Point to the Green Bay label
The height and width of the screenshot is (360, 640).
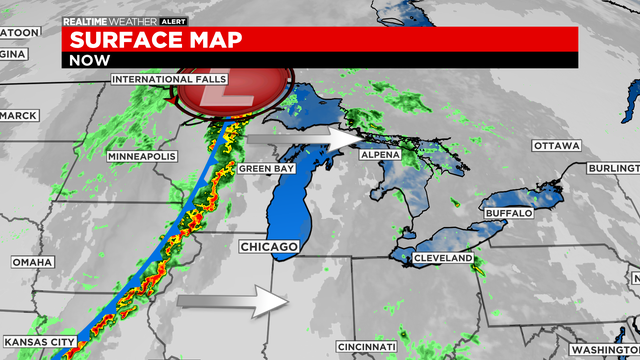(x=265, y=169)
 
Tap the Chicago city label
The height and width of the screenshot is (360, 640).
(x=269, y=246)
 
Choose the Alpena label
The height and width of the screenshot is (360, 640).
(x=380, y=155)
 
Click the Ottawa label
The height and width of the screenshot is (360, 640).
(x=557, y=146)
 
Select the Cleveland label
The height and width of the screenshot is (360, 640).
(x=443, y=258)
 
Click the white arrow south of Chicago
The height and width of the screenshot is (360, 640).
(x=232, y=301)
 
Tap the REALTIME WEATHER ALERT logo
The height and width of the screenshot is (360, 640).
(x=112, y=20)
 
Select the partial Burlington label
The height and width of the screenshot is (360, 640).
(x=613, y=170)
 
